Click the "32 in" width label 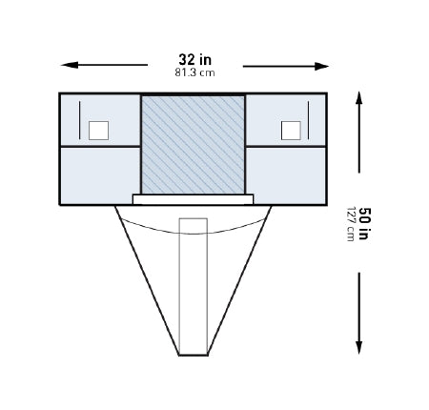point(194,59)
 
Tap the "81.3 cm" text point(194,72)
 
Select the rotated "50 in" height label point(364,223)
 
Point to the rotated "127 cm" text point(351,224)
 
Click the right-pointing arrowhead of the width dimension point(320,66)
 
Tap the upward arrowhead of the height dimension point(359,98)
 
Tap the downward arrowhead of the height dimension point(359,347)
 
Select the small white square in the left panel point(98,131)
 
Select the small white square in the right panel point(291,131)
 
